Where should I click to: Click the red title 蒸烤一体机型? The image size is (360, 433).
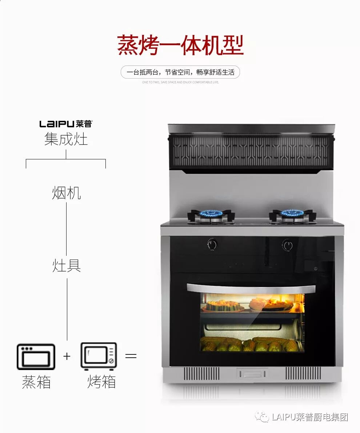180,45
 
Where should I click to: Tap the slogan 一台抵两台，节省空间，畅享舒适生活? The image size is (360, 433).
180,72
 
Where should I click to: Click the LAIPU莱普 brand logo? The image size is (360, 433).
66,124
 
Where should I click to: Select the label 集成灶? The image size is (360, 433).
66,139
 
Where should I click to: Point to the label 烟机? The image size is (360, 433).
66,193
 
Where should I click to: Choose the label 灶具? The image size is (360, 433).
67,266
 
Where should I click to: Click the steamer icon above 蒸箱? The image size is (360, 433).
36,357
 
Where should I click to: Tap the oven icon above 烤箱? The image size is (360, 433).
99,357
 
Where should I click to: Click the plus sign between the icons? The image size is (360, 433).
67,356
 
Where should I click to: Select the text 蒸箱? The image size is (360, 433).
36,382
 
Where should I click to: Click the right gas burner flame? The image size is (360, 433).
292,213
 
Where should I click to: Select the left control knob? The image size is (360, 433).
212,245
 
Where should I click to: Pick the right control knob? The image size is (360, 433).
288,245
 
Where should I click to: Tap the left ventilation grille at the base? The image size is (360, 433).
201,373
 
